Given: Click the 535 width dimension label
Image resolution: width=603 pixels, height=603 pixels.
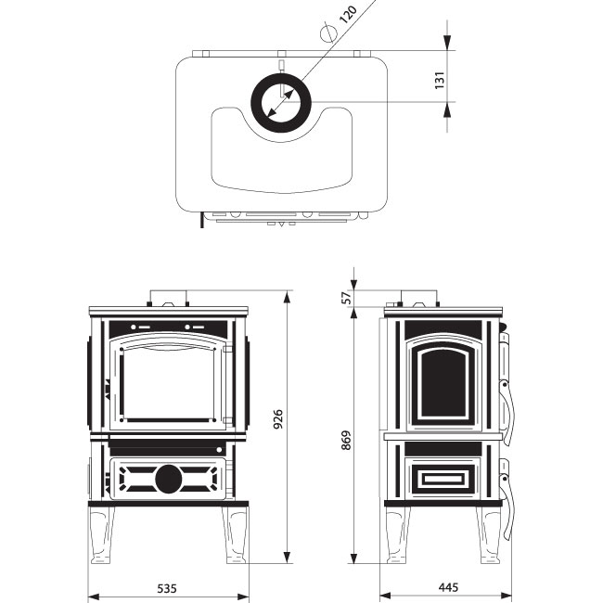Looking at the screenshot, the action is (x=167, y=588).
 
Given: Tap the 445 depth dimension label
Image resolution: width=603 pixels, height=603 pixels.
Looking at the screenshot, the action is (x=448, y=587).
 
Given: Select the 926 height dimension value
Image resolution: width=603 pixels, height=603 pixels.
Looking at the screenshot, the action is (x=277, y=419).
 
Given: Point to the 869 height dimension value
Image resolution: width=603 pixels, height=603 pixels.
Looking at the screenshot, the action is (x=346, y=441).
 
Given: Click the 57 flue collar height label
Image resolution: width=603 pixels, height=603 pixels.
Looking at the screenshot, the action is (x=347, y=298).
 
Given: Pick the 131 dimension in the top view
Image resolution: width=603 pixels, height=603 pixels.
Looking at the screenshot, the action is (x=440, y=80).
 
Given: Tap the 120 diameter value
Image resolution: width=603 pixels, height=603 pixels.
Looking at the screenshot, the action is (x=349, y=15).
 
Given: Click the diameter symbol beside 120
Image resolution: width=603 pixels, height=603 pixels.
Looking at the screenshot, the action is (x=328, y=32).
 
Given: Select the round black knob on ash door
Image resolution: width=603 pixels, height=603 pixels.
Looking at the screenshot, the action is (x=169, y=480).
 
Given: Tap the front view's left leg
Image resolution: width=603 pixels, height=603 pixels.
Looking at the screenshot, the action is (x=102, y=534).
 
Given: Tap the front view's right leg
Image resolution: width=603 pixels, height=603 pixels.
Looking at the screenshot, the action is (x=236, y=534).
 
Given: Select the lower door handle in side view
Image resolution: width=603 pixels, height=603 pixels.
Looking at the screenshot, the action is (x=507, y=500).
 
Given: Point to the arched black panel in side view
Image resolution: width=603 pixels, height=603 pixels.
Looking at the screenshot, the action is (x=443, y=385).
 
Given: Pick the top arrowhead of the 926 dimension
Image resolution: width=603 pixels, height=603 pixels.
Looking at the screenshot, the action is (x=287, y=298).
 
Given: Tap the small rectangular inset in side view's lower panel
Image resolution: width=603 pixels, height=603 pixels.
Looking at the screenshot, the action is (x=443, y=479).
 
